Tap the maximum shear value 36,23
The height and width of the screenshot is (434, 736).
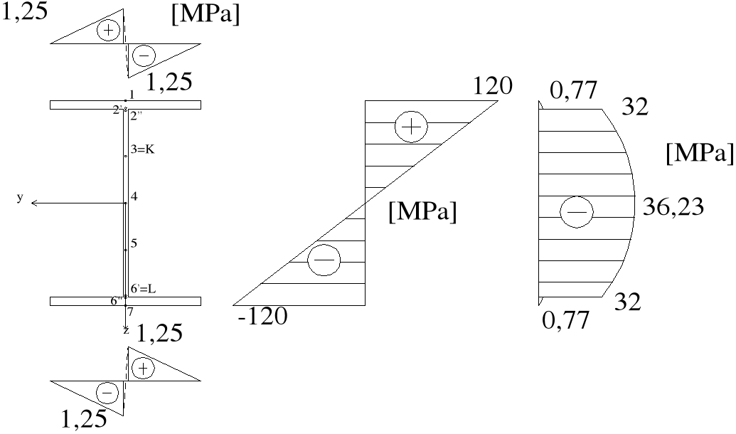coord(672,207)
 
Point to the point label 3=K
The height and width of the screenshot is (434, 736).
coord(142,149)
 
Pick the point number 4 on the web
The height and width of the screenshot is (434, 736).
coord(134,196)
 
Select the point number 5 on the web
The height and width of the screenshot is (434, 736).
coord(134,244)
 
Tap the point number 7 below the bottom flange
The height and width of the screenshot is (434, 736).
coord(130,312)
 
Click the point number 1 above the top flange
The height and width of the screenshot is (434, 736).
coord(132,95)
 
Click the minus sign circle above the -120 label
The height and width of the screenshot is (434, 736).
coord(324,262)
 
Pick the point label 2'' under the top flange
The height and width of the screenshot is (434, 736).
coord(137,115)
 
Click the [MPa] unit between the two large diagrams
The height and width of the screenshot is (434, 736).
coord(422,212)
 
